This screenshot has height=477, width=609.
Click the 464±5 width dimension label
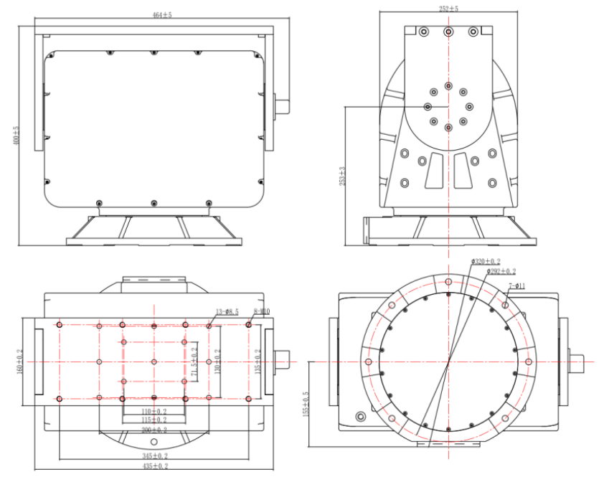tap(162, 14)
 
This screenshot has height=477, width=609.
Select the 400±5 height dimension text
tap(16, 136)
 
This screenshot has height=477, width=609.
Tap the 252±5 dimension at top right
tap(448, 8)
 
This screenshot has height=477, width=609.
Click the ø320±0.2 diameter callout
tap(486, 261)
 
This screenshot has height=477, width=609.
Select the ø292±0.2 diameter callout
tap(501, 271)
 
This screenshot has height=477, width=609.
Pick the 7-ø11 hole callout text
tap(519, 286)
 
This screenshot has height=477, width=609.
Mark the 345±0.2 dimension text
tap(154, 455)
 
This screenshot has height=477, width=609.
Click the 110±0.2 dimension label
tap(154, 412)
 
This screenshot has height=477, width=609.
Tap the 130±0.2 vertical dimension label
tap(217, 362)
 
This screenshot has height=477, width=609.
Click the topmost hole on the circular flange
tap(449, 281)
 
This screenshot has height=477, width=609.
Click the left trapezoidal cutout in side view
tap(433, 170)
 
